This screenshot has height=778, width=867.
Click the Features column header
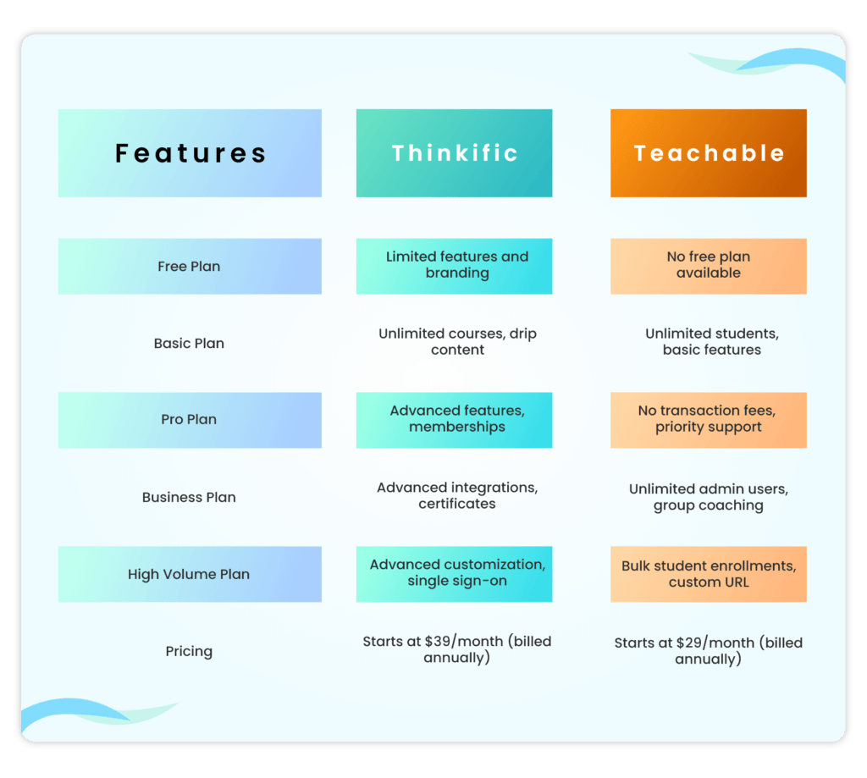coord(190,153)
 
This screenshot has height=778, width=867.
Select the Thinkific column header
coord(454,153)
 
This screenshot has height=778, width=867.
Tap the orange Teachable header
coord(709,153)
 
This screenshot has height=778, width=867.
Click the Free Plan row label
coord(189,266)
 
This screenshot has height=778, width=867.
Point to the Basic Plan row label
coord(189,343)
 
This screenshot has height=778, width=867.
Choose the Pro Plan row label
coord(189,420)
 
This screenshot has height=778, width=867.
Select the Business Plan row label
coord(189,497)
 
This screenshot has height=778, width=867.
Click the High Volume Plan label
coord(189,574)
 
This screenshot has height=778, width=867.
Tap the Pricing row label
coord(189,651)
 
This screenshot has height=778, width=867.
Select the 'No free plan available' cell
coord(709,265)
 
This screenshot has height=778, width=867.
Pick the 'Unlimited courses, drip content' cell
coord(457,341)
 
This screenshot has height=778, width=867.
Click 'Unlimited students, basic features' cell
coord(711,341)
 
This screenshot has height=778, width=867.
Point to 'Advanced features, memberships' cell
coord(456,418)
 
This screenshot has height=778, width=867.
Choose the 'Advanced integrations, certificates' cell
coord(457,495)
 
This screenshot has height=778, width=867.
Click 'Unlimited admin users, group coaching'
coord(708,497)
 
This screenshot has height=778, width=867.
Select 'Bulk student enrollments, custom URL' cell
coord(709,574)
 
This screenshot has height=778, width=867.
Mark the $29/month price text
coord(708,643)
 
